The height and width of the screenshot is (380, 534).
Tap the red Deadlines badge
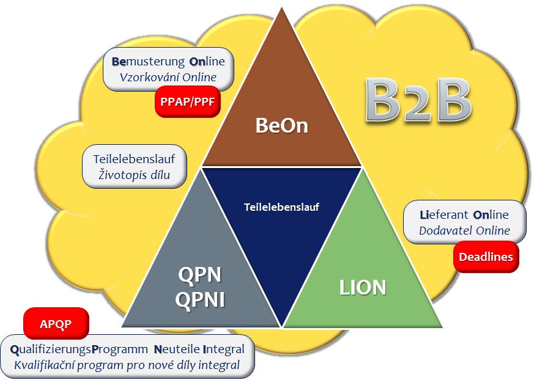click(x=486, y=257)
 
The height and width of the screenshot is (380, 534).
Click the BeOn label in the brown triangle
click(x=281, y=126)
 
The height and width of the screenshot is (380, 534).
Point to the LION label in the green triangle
click(x=363, y=288)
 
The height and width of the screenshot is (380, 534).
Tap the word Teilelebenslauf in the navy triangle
click(x=281, y=207)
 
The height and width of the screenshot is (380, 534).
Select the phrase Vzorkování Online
click(x=168, y=77)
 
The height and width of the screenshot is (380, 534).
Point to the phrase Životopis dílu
click(x=134, y=175)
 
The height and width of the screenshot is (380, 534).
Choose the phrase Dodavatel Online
click(x=464, y=231)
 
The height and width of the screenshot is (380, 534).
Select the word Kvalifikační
click(x=46, y=365)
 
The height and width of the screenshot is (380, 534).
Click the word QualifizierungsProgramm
click(x=80, y=349)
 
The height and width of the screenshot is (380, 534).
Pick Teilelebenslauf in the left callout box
click(x=134, y=159)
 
